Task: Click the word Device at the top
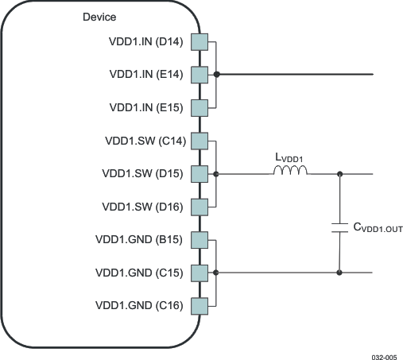(99, 17)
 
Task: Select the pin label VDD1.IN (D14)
(146, 42)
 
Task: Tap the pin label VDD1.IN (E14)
(146, 74)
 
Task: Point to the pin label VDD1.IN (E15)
(146, 107)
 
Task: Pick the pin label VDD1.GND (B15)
(140, 240)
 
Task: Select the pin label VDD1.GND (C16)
(140, 305)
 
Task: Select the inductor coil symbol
(289, 171)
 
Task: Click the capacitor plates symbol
(340, 226)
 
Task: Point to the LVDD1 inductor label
(289, 158)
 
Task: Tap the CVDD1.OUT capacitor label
(378, 228)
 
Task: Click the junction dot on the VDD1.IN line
(216, 75)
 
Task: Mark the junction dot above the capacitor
(340, 173)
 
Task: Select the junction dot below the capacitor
(340, 273)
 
